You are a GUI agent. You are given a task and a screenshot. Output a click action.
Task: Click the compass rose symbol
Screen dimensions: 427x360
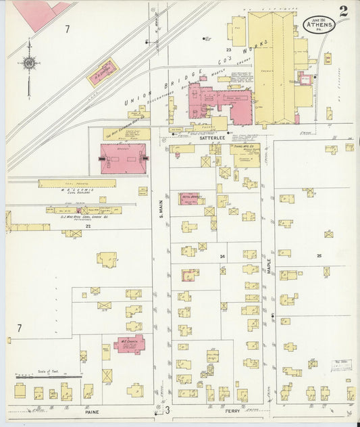[x=29, y=64]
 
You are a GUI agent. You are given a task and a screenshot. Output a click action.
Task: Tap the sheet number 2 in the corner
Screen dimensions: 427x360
[x=344, y=11]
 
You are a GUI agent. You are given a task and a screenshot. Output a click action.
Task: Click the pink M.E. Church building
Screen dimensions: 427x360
[x=130, y=343]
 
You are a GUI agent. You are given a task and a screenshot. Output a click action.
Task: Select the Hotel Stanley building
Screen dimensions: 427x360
[x=192, y=198]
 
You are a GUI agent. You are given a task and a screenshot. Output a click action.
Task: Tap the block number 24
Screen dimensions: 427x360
[x=222, y=257]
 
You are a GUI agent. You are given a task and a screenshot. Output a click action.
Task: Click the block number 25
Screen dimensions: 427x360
[x=319, y=255]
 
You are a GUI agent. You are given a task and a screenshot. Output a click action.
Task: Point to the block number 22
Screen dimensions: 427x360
[x=88, y=226]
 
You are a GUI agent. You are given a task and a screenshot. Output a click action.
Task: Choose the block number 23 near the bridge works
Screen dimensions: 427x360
[x=228, y=50]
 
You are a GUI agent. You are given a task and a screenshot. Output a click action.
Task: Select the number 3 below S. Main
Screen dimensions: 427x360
[x=166, y=409]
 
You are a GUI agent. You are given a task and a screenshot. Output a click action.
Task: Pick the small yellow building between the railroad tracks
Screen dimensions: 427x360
[x=103, y=73]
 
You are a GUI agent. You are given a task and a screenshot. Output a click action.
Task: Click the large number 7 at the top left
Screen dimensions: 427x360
[x=67, y=29]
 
